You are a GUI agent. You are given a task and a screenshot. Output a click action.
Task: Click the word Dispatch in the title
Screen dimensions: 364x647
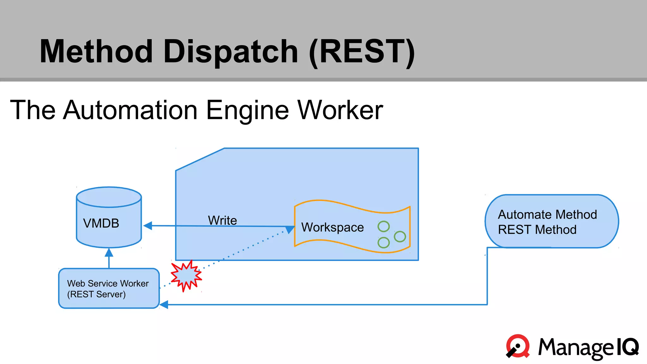click(231, 52)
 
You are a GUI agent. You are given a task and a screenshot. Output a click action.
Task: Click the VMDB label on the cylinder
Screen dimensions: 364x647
click(101, 223)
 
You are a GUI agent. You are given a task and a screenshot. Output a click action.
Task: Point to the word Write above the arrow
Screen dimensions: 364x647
click(222, 220)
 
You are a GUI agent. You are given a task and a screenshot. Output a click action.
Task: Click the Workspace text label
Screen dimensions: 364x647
click(332, 227)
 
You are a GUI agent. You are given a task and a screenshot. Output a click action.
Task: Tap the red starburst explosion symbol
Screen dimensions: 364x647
click(186, 276)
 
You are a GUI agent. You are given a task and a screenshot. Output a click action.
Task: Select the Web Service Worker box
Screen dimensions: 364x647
click(109, 288)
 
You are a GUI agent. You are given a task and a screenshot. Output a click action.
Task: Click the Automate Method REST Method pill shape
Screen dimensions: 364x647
click(552, 221)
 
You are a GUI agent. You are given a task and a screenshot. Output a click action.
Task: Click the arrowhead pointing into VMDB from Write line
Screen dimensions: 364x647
click(148, 226)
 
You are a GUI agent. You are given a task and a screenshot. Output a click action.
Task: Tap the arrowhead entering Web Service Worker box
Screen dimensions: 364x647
click(164, 305)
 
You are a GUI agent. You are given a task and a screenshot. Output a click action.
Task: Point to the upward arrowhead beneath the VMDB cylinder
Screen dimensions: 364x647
click(109, 252)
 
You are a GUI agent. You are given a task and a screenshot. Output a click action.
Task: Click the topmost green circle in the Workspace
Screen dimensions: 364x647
click(384, 226)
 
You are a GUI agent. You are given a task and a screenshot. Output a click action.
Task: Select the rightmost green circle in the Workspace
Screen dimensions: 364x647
click(400, 236)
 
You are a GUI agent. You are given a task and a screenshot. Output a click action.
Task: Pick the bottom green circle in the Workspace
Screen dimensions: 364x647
click(384, 242)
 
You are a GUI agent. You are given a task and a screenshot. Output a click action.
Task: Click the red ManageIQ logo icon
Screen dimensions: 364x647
click(517, 346)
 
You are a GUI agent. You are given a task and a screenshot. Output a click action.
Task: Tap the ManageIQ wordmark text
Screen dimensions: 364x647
click(588, 348)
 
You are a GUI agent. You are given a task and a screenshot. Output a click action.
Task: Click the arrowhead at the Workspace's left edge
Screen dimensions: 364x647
click(290, 229)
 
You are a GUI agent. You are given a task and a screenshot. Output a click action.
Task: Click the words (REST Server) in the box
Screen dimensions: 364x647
click(96, 294)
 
